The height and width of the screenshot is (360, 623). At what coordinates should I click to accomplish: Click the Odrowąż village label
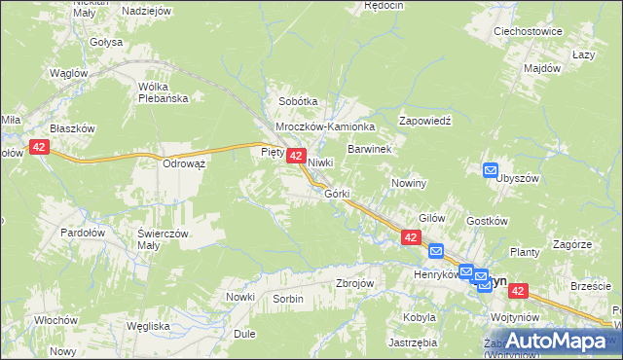(x=184, y=163)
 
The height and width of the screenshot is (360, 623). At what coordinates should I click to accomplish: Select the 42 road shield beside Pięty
(x=298, y=156)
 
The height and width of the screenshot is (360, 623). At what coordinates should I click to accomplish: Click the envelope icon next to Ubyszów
(x=492, y=170)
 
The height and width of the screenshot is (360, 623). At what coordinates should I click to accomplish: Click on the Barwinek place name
(x=369, y=149)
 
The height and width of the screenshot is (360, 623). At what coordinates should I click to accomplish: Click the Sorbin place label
(x=288, y=298)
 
